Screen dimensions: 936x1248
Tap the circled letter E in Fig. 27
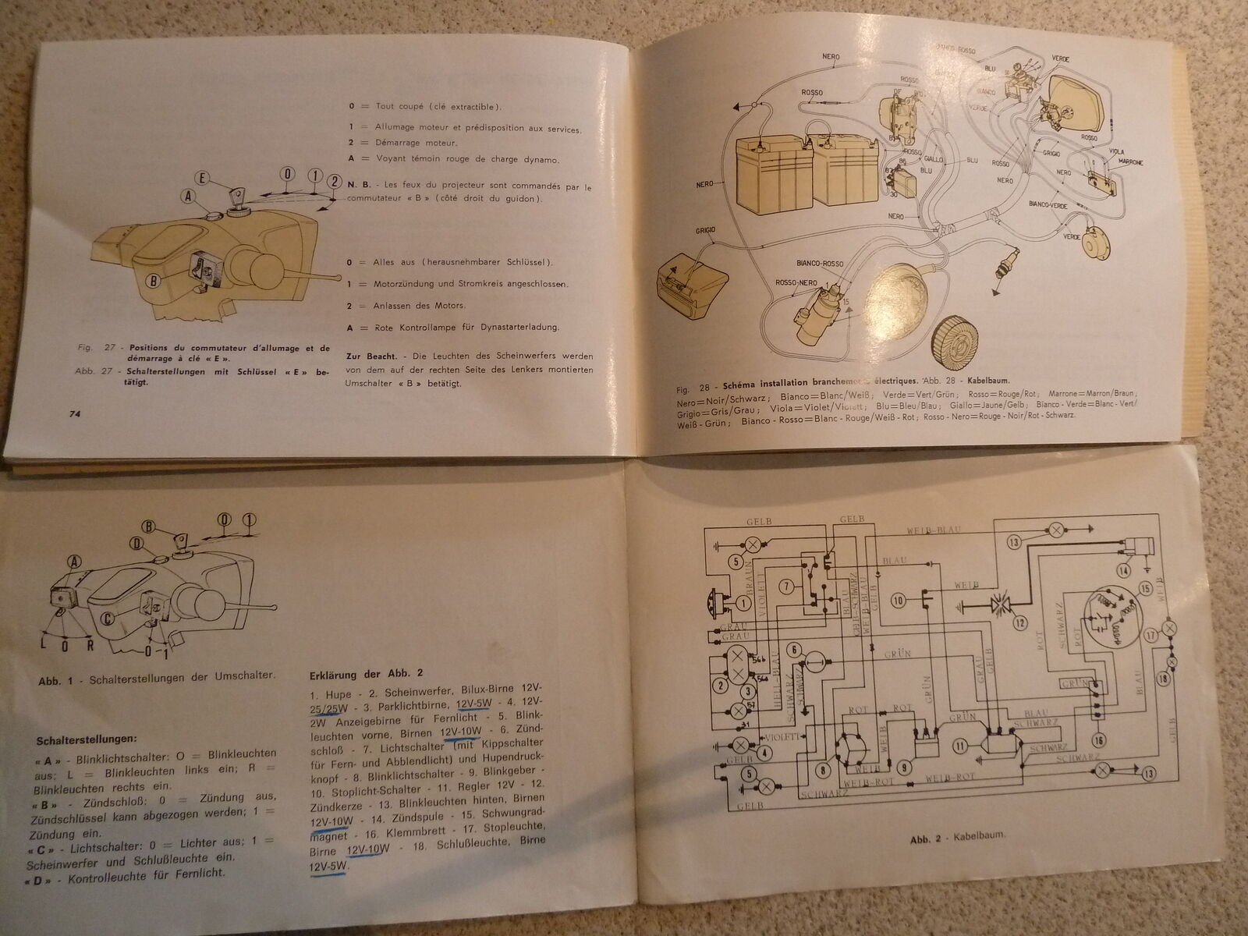tap(202, 179)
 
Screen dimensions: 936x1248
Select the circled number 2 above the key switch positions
tap(333, 181)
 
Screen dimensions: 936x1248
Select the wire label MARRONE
tap(1130, 162)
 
